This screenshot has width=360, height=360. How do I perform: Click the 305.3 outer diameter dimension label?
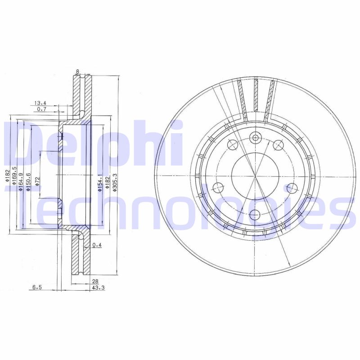tap(115, 182)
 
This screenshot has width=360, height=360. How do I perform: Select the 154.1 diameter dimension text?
tap(100, 182)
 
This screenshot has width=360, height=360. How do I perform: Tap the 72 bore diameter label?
tap(37, 182)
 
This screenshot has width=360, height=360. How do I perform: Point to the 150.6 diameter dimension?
tap(28, 182)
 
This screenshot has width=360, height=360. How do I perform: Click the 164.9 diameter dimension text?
tap(21, 182)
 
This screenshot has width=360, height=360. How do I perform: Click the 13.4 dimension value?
tap(40, 103)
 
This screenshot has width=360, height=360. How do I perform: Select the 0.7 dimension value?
tap(42, 109)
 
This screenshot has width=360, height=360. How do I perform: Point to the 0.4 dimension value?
tap(96, 245)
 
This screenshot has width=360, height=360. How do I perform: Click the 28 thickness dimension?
tap(95, 281)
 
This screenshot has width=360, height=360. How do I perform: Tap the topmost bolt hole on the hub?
tap(256, 138)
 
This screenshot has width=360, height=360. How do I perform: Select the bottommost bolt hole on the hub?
tap(255, 214)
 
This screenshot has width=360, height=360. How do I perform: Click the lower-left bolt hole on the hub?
tap(219, 188)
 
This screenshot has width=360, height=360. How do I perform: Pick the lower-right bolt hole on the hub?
tap(291, 188)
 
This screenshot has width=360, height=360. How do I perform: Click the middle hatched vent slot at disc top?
tap(256, 94)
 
